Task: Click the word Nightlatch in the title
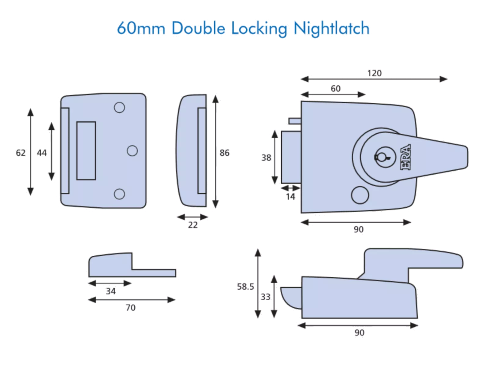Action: click(332, 29)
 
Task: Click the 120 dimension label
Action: click(375, 73)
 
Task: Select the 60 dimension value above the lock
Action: click(335, 88)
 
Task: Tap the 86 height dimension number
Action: click(224, 153)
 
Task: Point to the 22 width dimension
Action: click(193, 225)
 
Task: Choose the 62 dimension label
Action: click(21, 153)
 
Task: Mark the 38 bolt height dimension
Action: click(266, 158)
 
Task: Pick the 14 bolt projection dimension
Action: click(291, 197)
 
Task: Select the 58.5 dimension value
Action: click(245, 287)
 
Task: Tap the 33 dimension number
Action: click(266, 297)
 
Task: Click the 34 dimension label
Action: click(110, 291)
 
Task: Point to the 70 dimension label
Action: click(131, 308)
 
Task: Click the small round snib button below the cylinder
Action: click(360, 195)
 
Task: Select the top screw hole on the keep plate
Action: click(119, 107)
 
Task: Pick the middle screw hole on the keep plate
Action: click(132, 151)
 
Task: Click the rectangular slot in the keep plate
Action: click(86, 151)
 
